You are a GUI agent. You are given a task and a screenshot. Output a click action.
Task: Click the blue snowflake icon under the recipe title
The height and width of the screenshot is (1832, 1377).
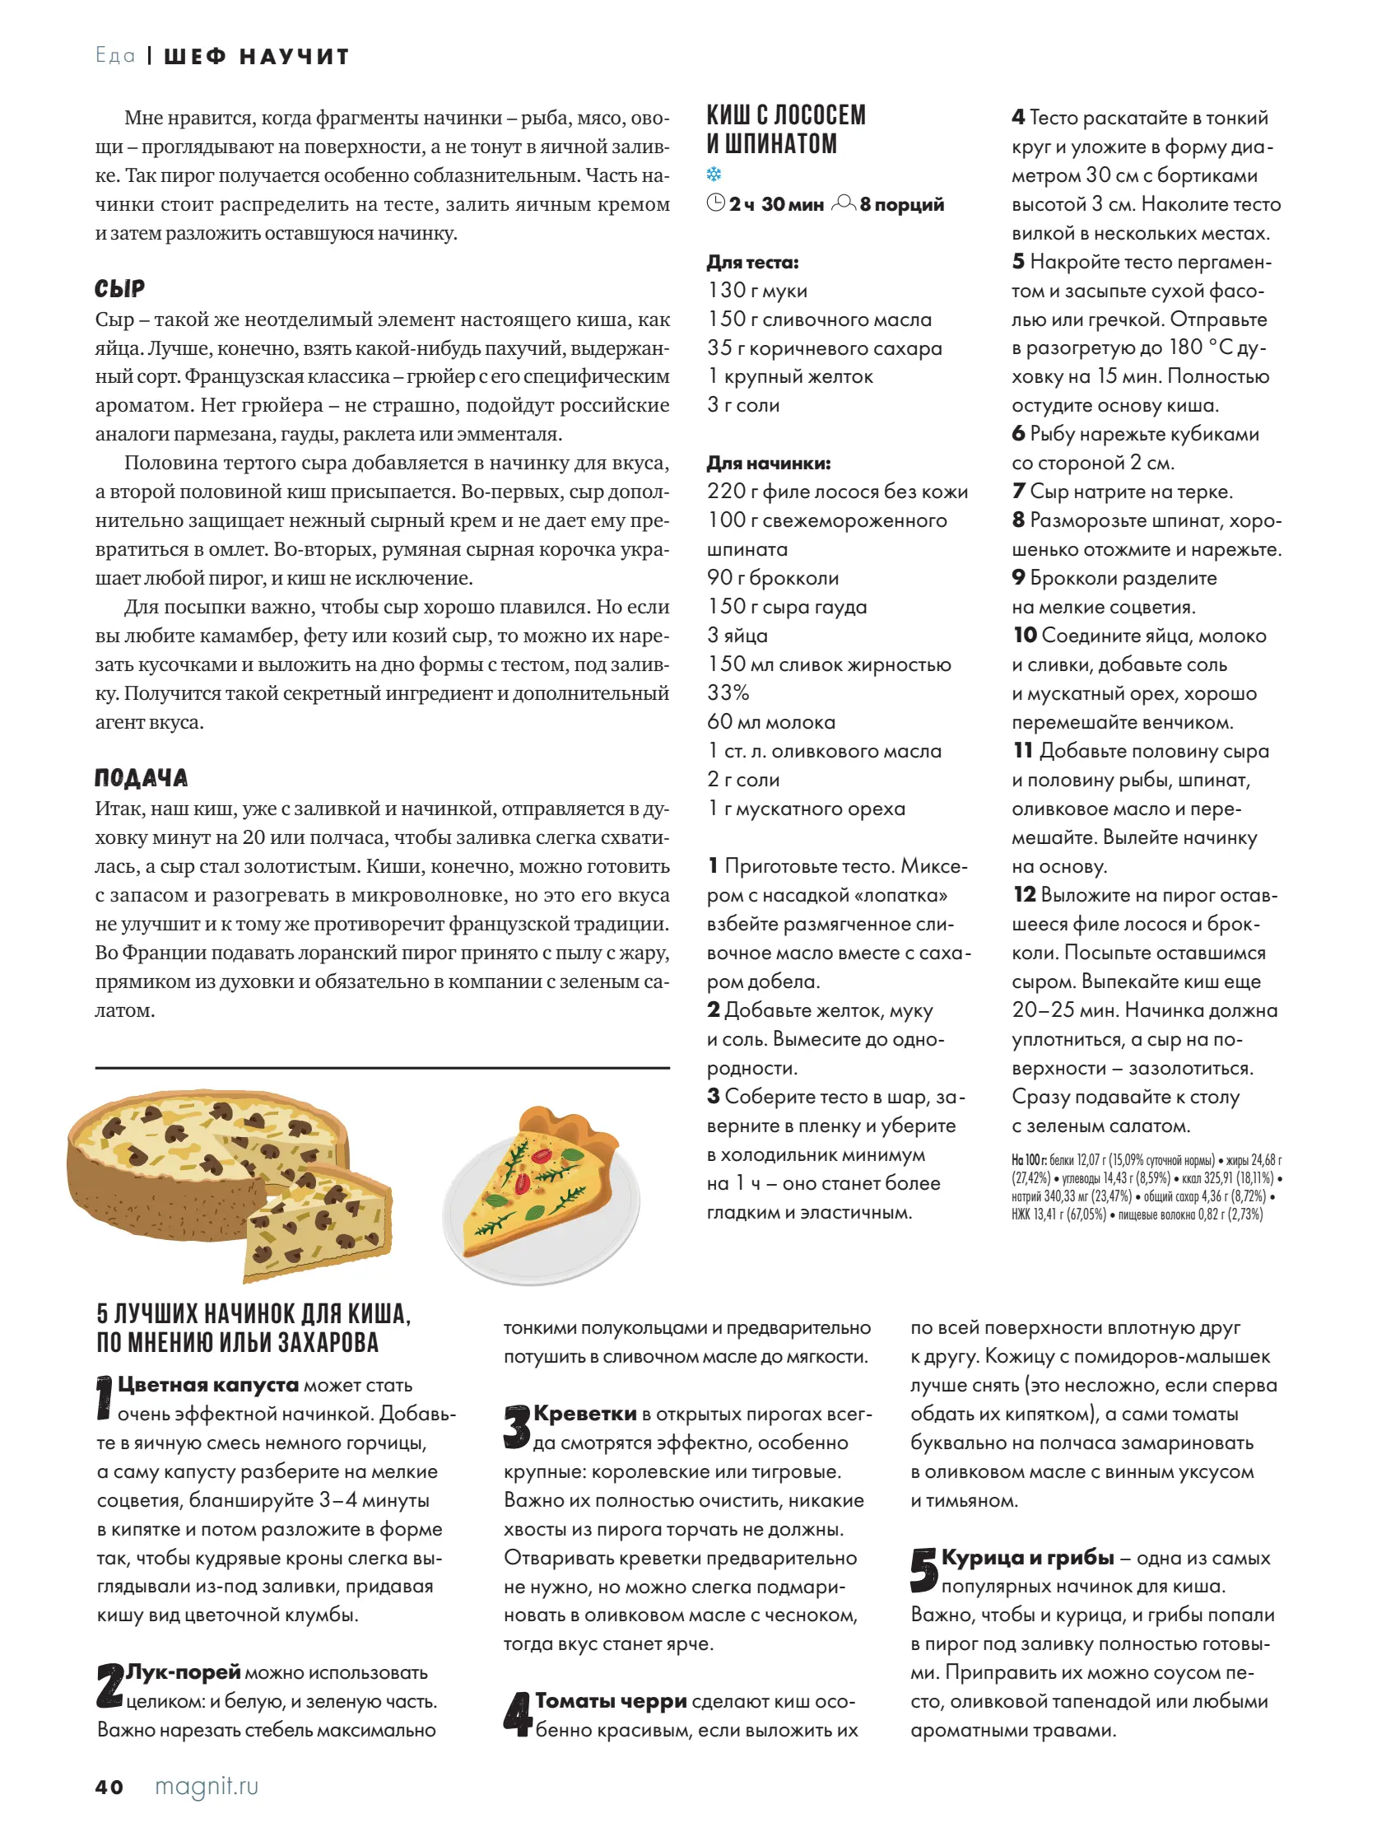tap(714, 174)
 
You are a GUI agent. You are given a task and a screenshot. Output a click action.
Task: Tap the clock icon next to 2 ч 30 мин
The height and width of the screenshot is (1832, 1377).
tap(716, 203)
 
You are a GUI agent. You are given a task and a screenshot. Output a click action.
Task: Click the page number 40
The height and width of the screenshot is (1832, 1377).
tap(109, 1787)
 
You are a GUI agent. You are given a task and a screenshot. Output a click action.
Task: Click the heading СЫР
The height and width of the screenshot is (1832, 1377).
tap(120, 289)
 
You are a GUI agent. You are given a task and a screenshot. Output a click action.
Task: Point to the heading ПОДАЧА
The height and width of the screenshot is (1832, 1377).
tap(141, 778)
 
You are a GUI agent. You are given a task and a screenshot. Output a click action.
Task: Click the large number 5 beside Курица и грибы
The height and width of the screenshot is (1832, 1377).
tap(923, 1570)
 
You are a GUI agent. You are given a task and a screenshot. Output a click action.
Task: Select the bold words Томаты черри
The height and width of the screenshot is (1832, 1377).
tap(610, 1701)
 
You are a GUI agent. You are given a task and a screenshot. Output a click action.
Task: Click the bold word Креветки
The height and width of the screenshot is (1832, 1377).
tap(584, 1414)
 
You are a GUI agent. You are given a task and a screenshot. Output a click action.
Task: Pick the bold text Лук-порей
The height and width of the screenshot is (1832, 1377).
tap(183, 1672)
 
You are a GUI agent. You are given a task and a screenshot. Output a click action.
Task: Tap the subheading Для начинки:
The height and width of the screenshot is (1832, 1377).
tap(769, 463)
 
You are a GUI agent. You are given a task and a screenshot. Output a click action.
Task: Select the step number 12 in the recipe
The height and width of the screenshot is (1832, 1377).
tap(1023, 894)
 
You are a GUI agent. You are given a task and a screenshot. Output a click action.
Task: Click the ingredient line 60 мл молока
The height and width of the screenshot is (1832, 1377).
tap(771, 722)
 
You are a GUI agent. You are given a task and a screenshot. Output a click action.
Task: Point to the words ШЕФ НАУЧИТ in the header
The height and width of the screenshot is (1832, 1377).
tap(257, 56)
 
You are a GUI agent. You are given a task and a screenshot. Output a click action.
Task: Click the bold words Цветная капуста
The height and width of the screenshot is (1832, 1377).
tap(208, 1385)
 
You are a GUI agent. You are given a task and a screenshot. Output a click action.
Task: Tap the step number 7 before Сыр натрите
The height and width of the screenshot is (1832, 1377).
tap(1018, 491)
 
